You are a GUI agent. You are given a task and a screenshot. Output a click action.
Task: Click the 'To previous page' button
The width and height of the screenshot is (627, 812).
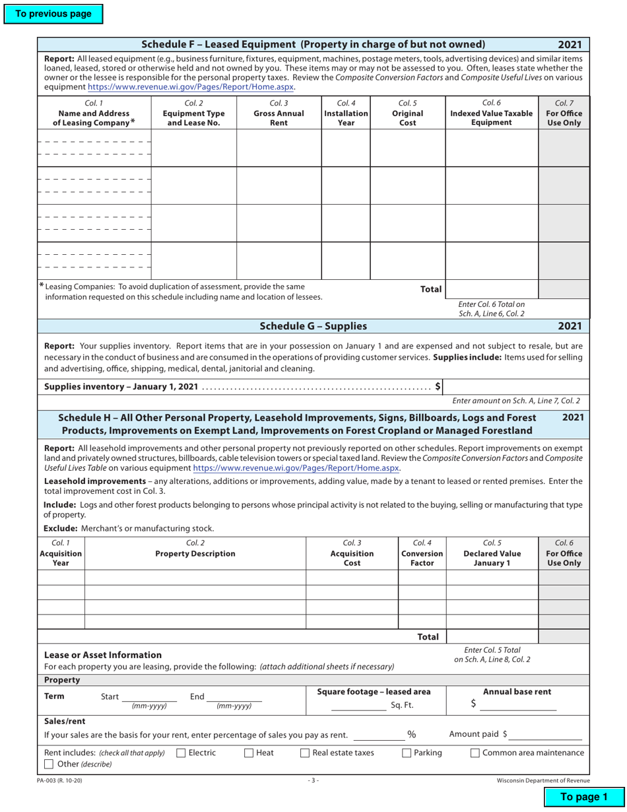tap(53, 14)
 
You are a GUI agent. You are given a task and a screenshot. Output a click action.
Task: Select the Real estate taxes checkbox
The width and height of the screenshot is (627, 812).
tap(305, 753)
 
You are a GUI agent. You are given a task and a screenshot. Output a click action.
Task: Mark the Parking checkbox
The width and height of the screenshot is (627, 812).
tap(407, 753)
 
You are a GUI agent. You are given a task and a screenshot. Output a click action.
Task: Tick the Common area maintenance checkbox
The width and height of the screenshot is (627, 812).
tap(475, 753)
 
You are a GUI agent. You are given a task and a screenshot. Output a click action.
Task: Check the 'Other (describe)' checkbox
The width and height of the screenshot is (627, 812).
tap(48, 764)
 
